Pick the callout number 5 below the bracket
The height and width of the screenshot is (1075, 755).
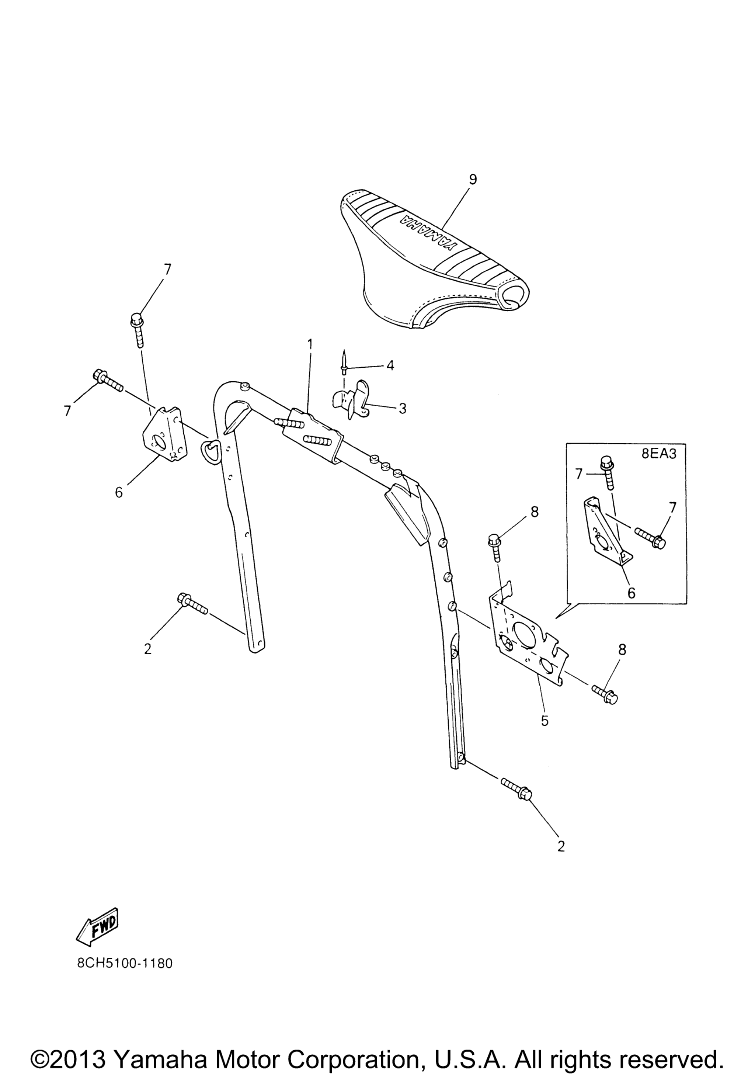[544, 721]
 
